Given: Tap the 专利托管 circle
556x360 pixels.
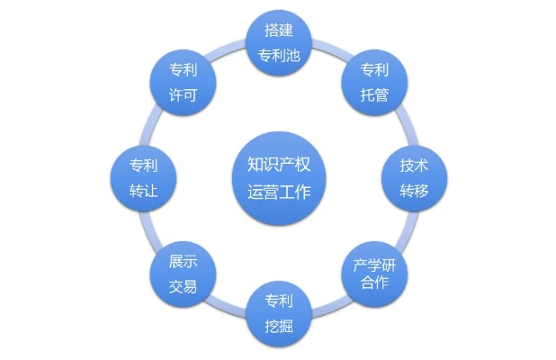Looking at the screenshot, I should point(374,82).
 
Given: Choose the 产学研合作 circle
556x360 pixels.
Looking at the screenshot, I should point(375,273).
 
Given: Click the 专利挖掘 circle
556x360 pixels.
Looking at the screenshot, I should point(279,310).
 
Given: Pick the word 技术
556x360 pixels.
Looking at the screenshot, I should point(414,166).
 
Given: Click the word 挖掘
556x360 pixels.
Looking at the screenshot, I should point(279,323).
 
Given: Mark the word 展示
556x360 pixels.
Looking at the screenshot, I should point(183,262).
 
